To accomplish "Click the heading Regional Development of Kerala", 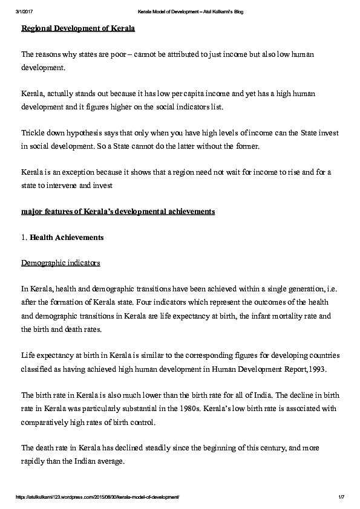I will [x=78, y=28].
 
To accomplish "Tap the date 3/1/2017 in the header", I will [x=23, y=12].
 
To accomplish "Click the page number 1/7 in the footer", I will [x=341, y=497].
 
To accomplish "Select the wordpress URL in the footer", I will [x=97, y=497].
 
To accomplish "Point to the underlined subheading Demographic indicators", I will [x=61, y=263].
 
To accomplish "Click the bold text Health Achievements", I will [x=67, y=237].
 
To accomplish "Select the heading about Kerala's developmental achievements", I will [x=118, y=211].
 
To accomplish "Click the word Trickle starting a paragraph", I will [x=33, y=132].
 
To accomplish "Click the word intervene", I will [x=61, y=185].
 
